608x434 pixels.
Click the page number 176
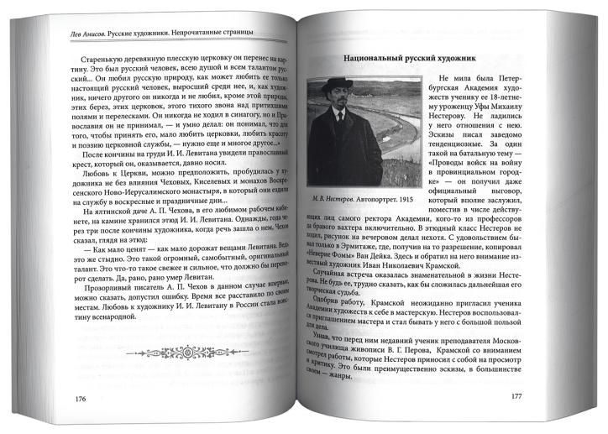pyautogui.click(x=81, y=397)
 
